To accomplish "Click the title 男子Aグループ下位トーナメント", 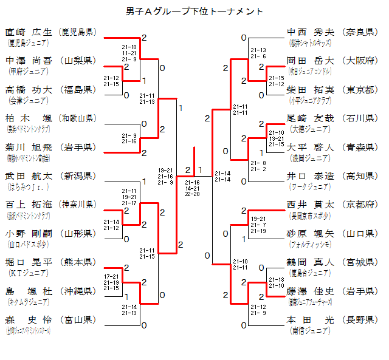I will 194,11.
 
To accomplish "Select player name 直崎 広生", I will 30,32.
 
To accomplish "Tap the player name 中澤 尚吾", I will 30,61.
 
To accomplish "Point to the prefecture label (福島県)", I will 77,89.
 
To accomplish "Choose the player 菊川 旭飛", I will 30,146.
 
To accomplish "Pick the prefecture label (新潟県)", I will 77,175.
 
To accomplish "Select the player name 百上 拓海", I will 30,204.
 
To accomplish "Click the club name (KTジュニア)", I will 27,273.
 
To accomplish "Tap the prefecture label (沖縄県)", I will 77,291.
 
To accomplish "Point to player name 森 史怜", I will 30,319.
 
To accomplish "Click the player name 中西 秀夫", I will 310,32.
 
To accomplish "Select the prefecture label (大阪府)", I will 360,61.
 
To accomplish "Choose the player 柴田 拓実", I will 310,89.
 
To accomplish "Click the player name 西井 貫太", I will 310,205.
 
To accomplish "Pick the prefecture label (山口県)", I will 360,233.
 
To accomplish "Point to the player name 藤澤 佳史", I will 310,291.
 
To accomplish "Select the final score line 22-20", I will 192,194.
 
